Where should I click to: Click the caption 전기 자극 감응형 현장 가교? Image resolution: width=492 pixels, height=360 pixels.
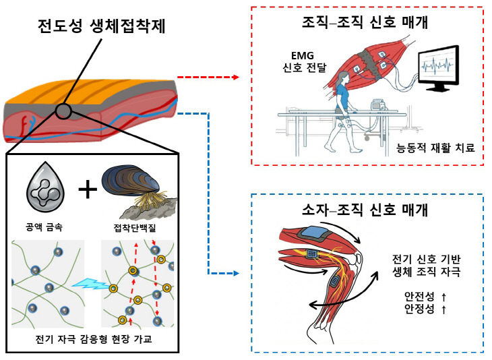tap(91, 338)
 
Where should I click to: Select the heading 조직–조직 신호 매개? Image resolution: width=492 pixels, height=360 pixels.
tap(366, 24)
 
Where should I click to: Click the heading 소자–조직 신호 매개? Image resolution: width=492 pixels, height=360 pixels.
tap(366, 210)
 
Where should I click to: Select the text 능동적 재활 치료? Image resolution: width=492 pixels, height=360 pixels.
tap(435, 146)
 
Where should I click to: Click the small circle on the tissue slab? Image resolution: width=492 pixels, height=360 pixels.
tap(63, 111)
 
